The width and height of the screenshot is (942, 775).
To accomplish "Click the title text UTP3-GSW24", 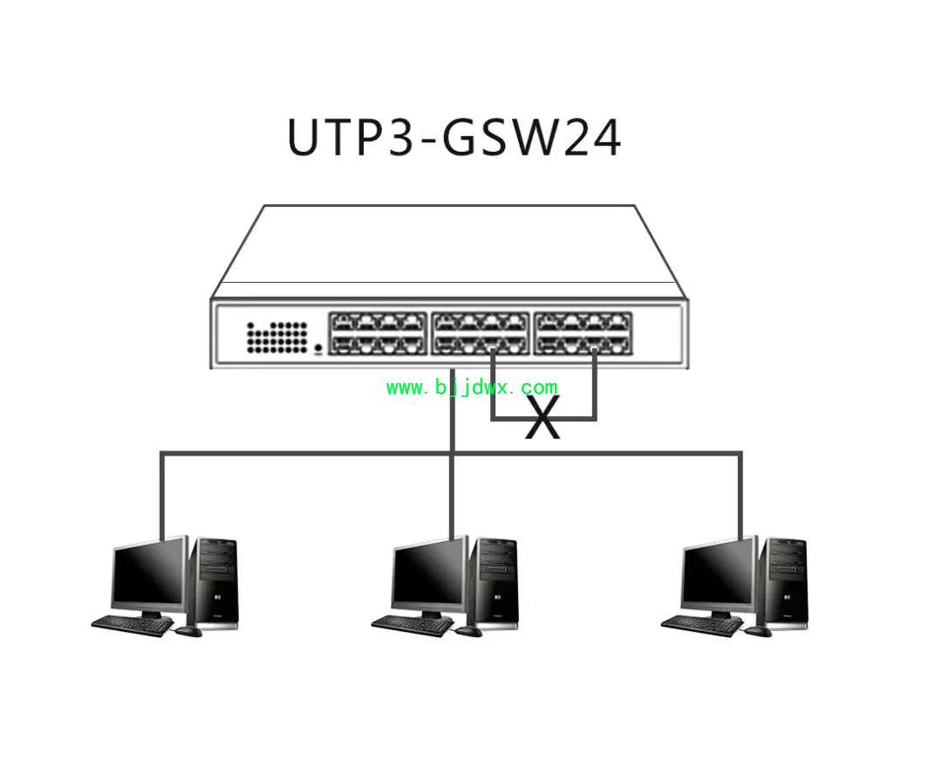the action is click(454, 138).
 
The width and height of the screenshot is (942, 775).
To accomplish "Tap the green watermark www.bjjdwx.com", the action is click(472, 387).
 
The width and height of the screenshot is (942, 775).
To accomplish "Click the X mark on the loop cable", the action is click(543, 417).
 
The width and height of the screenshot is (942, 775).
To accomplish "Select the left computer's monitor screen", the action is click(148, 577).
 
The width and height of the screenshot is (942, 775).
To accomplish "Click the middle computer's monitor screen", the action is click(428, 577).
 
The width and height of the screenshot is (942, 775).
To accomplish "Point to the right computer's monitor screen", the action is click(719, 577).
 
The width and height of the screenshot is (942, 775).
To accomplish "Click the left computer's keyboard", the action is click(133, 625).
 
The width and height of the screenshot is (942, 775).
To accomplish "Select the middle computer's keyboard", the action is click(412, 625).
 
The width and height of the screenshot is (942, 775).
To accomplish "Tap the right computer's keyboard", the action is click(701, 625).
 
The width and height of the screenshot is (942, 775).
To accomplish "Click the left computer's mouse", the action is click(188, 631).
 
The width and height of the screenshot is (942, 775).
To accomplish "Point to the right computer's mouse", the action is click(758, 631).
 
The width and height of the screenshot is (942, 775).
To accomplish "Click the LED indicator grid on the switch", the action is click(277, 337).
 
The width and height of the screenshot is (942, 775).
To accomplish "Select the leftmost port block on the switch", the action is click(378, 333).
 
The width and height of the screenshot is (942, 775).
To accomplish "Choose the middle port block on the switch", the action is click(480, 333).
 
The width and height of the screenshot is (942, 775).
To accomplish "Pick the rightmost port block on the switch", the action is click(583, 333).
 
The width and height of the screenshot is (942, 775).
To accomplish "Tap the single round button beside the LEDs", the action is click(318, 347).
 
